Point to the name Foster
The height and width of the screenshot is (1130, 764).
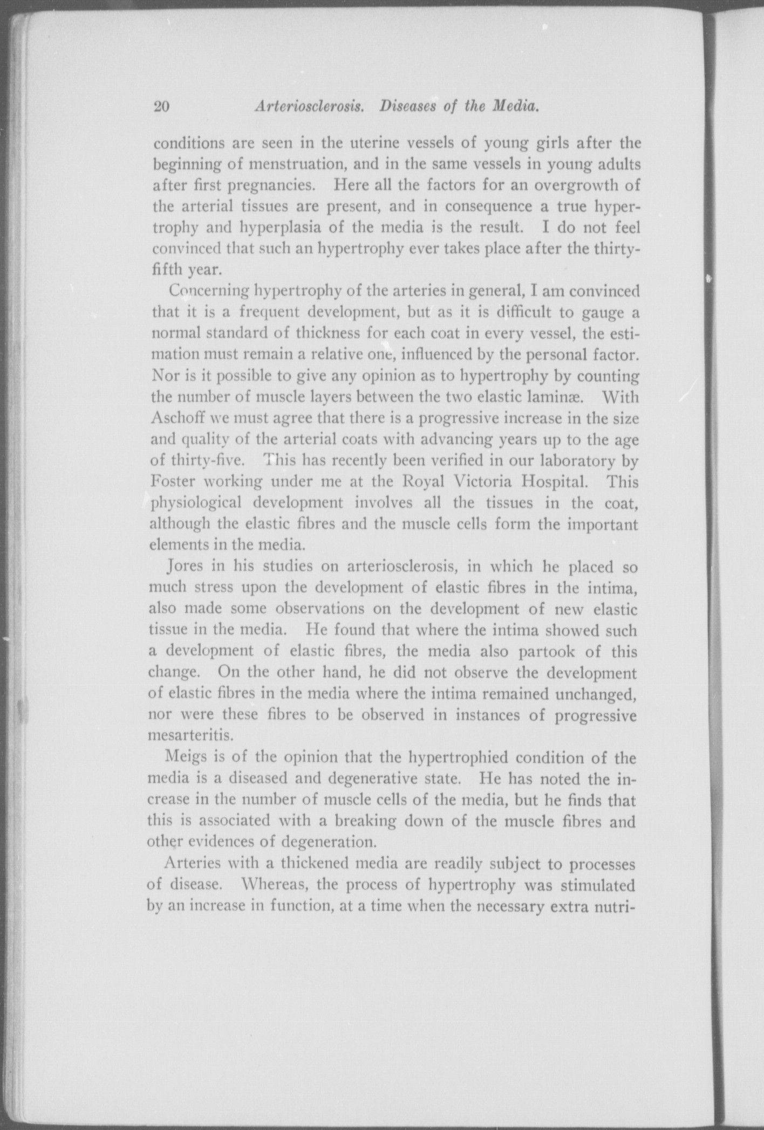[171, 481]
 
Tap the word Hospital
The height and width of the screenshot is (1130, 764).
[563, 481]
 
